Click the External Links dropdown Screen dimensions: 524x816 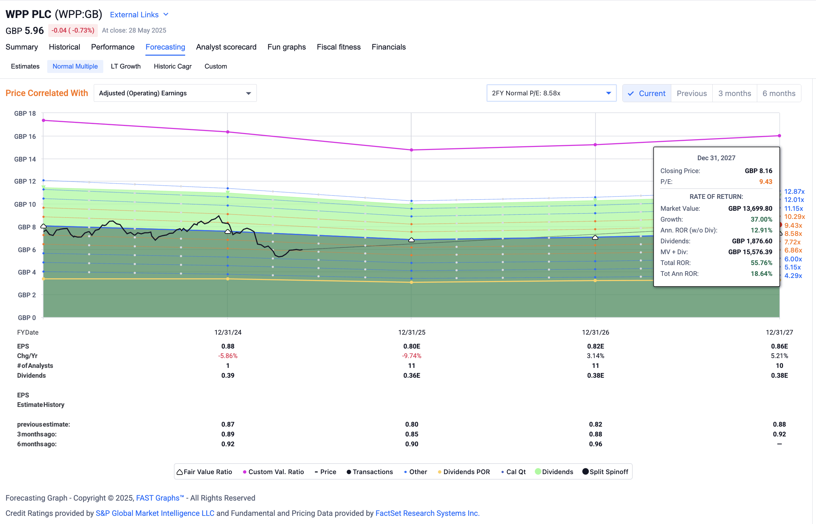coord(139,15)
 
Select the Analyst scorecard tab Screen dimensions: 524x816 coord(226,47)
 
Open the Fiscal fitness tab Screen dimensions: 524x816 coord(338,47)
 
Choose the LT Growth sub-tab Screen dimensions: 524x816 coord(126,67)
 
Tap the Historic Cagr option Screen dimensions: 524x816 coord(173,67)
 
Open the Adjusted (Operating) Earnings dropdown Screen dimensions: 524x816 coord(175,93)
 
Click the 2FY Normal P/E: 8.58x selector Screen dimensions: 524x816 coord(551,93)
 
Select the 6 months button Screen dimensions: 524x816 coord(779,94)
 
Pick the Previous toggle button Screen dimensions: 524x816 coord(691,94)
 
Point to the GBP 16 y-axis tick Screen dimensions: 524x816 coord(25,136)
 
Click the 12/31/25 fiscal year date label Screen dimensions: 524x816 coord(411,333)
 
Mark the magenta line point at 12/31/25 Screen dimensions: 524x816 coord(411,150)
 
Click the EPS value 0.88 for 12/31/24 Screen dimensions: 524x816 coord(228,347)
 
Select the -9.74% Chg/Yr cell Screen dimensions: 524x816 coord(411,356)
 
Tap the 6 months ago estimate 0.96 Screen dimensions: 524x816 coord(595,444)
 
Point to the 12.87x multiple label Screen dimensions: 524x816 coord(794,191)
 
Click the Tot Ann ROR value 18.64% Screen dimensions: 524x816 coord(761,274)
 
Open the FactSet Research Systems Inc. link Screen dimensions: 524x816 coord(427,513)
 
